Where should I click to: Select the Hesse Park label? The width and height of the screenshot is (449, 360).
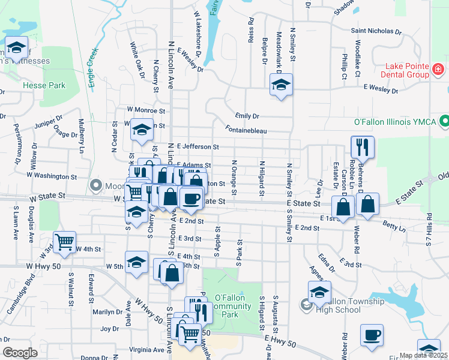point(44,85)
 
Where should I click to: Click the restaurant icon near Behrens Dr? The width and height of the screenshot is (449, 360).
point(363,147)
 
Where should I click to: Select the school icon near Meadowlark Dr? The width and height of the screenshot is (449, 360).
point(280,86)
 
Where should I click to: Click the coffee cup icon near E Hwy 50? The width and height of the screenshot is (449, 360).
point(372,335)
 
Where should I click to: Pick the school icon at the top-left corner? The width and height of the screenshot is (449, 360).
point(17,47)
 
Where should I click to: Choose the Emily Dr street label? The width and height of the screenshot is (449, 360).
point(247,116)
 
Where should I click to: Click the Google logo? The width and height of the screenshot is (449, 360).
point(19,353)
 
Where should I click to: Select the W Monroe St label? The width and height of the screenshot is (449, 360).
point(145,110)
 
